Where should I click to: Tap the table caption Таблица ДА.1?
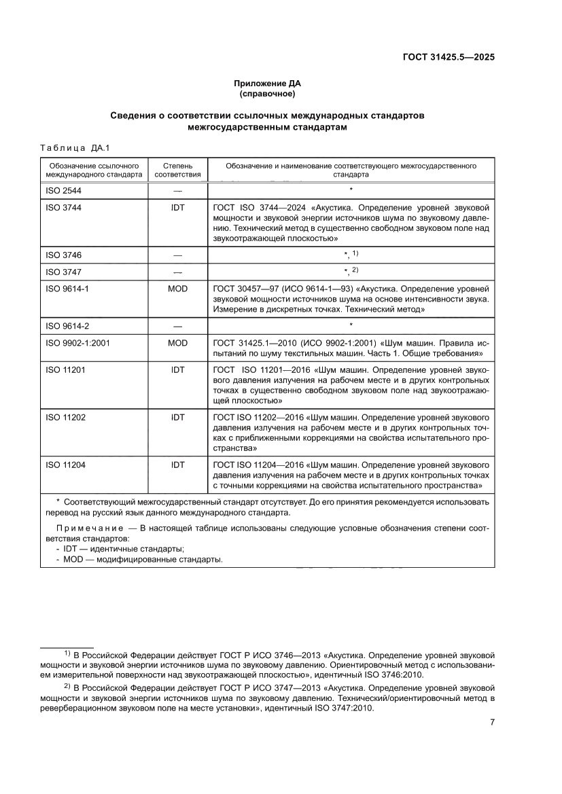click(70, 148)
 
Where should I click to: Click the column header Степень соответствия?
click(177, 169)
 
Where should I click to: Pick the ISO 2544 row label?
click(63, 190)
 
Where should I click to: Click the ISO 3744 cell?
click(63, 208)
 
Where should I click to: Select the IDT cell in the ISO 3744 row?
click(177, 208)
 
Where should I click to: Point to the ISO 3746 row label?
click(63, 255)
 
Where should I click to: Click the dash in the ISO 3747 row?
click(177, 272)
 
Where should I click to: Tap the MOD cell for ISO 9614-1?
click(177, 287)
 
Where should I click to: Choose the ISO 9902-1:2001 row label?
click(77, 343)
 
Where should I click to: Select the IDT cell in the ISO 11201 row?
click(177, 370)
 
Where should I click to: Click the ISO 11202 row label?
click(65, 418)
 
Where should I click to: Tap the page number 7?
click(491, 722)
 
